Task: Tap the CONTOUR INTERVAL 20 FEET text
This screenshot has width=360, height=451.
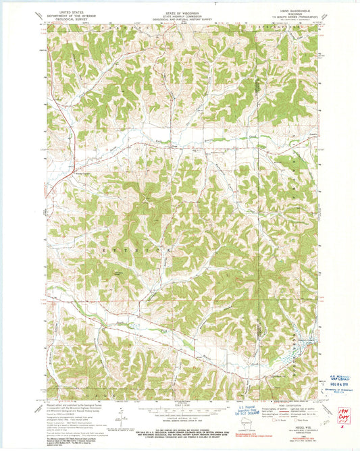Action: click(x=179, y=420)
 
